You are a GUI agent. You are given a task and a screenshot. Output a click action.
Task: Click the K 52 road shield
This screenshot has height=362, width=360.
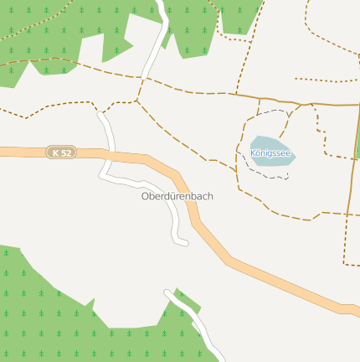[62, 153]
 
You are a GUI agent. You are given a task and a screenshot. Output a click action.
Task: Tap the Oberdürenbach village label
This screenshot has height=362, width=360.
[177, 196]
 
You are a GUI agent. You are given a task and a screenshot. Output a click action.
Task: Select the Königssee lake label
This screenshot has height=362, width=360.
[272, 153]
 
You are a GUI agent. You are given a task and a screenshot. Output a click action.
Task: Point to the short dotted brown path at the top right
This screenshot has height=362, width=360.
[327, 80]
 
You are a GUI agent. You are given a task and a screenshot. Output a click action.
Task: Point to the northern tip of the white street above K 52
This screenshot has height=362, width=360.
[100, 114]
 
